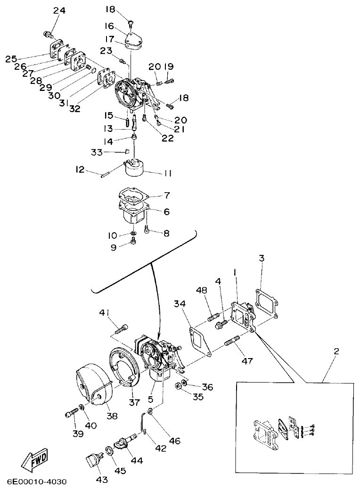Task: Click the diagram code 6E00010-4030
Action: [x=37, y=482]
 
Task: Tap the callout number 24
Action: [x=59, y=10]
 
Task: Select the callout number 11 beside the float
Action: [x=167, y=173]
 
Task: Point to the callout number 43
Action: [x=102, y=480]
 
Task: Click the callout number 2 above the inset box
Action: [x=336, y=351]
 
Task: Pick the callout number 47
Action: [x=247, y=361]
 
